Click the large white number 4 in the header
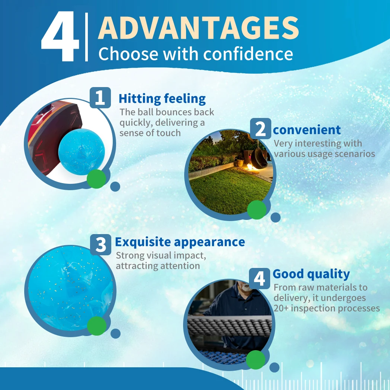tap(60, 36)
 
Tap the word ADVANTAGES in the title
tap(198, 28)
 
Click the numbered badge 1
tap(100, 97)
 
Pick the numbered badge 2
tap(260, 129)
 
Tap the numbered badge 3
tap(100, 244)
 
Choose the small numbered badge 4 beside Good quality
tap(259, 279)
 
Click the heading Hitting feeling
tap(162, 99)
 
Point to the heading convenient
tap(307, 130)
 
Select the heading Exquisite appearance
tap(180, 242)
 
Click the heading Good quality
tap(311, 274)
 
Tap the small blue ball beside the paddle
tap(81, 152)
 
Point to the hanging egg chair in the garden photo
tap(259, 157)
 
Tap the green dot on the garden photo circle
tap(257, 210)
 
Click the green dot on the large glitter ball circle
tap(97, 326)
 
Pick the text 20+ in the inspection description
tap(281, 309)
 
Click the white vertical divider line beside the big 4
tap(86, 37)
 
